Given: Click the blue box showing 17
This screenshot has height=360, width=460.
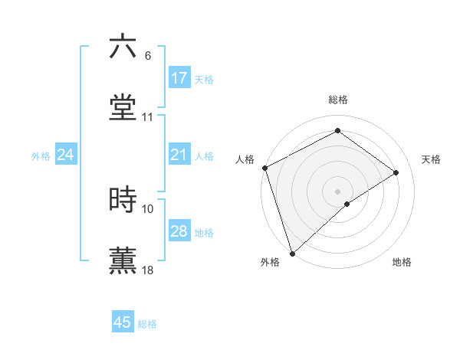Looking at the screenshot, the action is [x=179, y=78].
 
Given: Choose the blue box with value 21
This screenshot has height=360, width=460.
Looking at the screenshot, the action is [x=179, y=155].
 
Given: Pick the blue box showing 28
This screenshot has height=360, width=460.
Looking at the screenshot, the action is [x=179, y=232].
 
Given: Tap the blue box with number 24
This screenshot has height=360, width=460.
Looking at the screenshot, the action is [x=66, y=155].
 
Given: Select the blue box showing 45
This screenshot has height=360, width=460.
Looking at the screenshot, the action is [x=123, y=322].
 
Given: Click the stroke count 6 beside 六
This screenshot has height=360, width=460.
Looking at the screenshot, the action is [x=147, y=56].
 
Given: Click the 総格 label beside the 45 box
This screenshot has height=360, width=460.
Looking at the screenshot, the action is [x=147, y=324].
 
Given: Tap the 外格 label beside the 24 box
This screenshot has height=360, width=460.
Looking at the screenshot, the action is [x=41, y=156].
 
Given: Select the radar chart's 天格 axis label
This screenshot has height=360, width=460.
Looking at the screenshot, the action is [x=432, y=159].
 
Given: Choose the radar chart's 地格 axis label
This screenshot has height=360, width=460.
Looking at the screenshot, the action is [x=402, y=262].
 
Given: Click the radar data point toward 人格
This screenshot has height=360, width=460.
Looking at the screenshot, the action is [x=264, y=168].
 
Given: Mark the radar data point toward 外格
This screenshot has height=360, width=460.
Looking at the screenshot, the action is [x=292, y=253].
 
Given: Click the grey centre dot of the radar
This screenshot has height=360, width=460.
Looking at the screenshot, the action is [x=337, y=191].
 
